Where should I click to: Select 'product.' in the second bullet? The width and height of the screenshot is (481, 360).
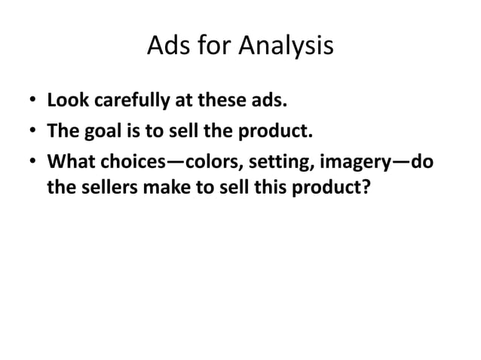280,134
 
